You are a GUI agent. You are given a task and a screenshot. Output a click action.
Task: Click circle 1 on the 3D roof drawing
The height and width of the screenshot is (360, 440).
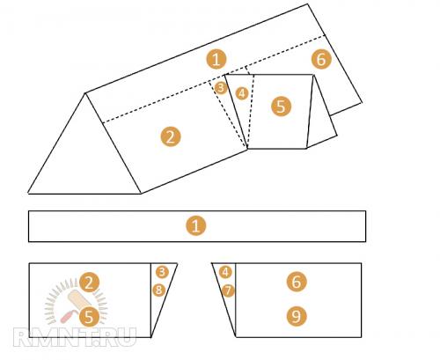[x=216, y=60]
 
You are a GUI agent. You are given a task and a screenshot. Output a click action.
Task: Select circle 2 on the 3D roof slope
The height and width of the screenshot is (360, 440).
[x=171, y=136]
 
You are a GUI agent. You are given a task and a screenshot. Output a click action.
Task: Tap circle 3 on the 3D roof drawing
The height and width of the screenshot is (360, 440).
[x=221, y=88]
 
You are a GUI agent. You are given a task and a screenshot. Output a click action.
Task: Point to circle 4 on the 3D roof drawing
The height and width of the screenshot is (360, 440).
[x=242, y=93]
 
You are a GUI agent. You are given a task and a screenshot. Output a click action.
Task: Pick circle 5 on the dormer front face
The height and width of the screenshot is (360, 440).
[x=281, y=107]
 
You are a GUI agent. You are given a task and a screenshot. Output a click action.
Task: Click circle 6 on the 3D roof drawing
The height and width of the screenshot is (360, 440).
[x=321, y=59]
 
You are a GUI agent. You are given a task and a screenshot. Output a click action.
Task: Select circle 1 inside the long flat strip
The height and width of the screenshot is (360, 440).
[x=196, y=226]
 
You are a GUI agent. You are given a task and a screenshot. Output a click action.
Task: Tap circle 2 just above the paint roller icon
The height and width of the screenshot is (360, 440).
[x=89, y=283]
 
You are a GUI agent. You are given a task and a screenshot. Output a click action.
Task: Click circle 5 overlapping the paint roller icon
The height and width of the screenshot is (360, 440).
[x=89, y=317]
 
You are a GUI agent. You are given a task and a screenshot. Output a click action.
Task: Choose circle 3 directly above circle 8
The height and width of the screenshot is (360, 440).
[x=162, y=272]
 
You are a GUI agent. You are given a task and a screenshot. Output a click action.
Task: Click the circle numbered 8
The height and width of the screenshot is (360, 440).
[x=158, y=290]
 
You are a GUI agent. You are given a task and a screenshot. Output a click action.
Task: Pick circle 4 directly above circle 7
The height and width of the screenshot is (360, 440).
[x=225, y=272]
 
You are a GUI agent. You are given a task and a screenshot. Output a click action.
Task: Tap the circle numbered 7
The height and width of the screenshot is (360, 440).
[x=228, y=291]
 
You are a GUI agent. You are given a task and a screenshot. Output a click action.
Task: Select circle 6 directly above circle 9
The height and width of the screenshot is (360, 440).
[x=297, y=282]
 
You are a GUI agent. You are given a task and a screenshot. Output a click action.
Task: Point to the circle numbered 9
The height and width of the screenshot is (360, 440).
[x=297, y=316]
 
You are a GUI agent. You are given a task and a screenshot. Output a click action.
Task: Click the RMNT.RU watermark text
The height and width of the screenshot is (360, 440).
[x=75, y=337]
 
